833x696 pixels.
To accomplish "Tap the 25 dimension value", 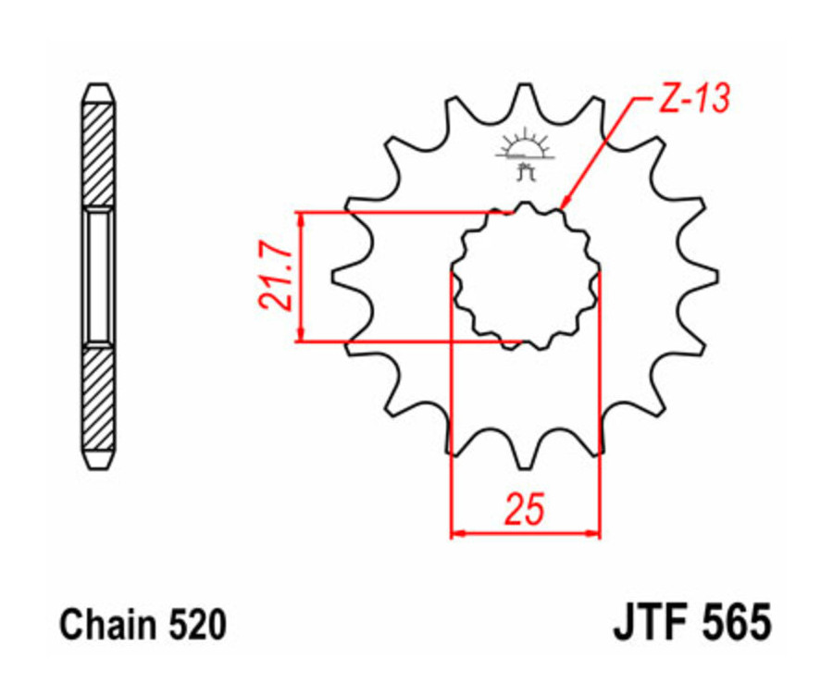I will pos(524,510).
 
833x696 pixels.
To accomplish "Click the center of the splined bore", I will pos(525,276).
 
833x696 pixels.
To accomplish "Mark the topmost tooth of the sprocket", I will pos(525,93).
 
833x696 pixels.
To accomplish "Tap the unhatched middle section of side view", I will pos(98,276).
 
